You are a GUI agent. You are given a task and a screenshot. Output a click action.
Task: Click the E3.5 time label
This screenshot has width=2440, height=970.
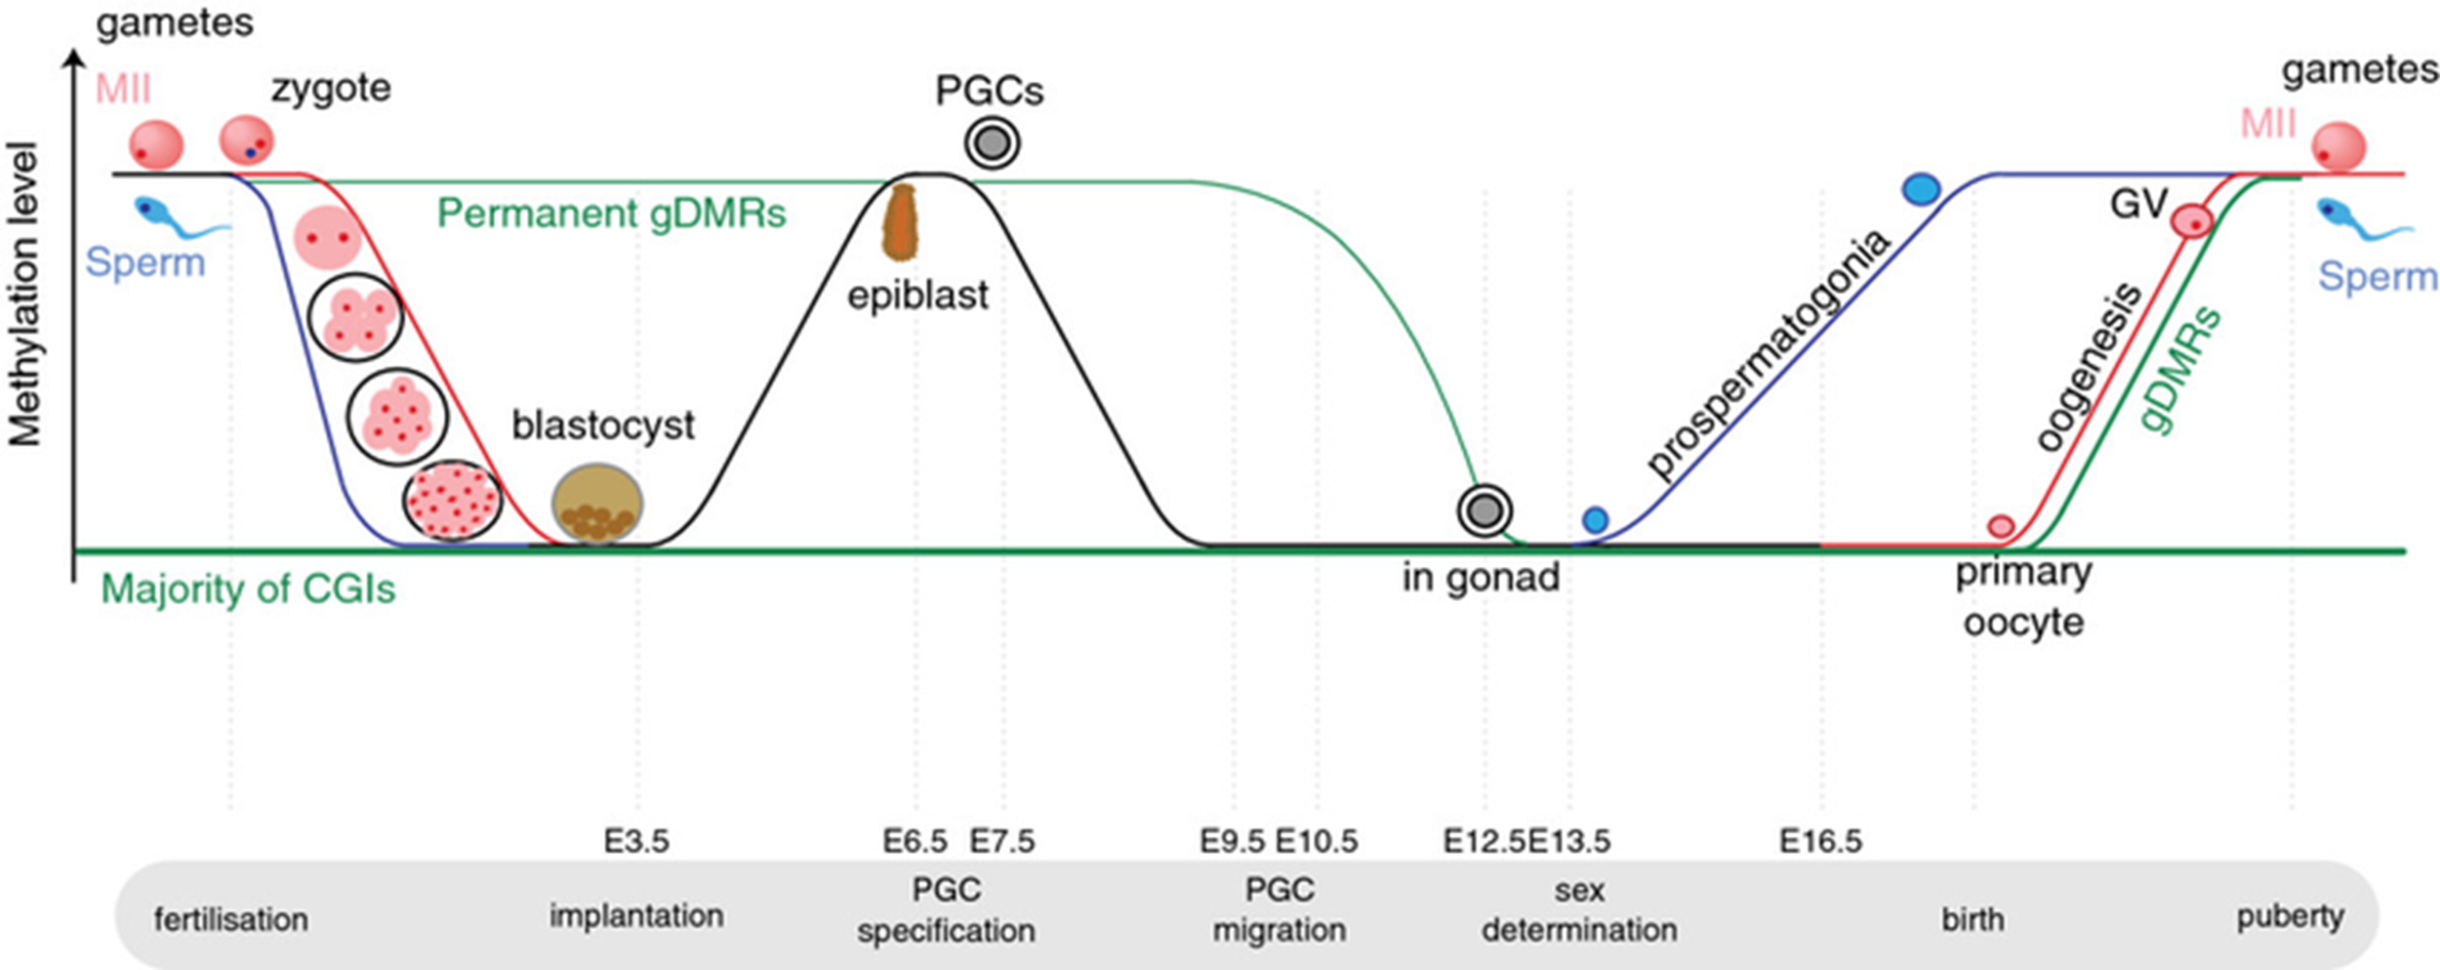click(636, 840)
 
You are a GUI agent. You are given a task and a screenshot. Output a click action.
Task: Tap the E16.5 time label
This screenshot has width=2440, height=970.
click(1820, 840)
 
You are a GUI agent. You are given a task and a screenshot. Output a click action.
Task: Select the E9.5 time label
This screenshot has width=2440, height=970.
click(1232, 840)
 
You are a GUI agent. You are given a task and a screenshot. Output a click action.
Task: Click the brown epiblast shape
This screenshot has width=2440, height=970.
click(899, 222)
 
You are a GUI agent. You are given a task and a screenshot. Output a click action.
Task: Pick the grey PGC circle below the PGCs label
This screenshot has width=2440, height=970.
click(993, 143)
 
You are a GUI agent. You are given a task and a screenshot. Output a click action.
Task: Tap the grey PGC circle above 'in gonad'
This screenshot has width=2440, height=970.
click(1484, 510)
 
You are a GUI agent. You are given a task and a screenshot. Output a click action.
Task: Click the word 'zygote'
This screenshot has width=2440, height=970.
click(331, 89)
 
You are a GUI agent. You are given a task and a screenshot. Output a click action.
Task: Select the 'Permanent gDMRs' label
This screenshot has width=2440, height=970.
click(611, 213)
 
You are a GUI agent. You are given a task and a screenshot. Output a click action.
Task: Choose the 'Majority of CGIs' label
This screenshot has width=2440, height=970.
click(248, 589)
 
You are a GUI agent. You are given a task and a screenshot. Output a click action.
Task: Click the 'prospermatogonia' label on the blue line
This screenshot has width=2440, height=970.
click(1768, 354)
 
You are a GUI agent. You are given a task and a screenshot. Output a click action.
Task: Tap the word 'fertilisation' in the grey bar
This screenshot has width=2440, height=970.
click(231, 918)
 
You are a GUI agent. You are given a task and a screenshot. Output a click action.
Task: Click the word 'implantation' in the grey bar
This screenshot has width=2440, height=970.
click(636, 915)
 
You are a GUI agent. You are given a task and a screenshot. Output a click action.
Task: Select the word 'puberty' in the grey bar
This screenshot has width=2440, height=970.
click(2290, 916)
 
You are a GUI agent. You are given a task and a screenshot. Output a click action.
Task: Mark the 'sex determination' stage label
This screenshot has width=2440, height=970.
click(1579, 909)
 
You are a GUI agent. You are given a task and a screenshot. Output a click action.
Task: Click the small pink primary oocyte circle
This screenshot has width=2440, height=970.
click(2001, 526)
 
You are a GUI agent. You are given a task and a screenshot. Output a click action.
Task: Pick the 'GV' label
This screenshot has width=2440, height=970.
click(2138, 204)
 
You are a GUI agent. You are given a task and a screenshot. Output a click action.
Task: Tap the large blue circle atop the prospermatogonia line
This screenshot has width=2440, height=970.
click(1921, 189)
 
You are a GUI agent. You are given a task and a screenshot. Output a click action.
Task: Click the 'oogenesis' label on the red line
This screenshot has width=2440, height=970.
click(2090, 367)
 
